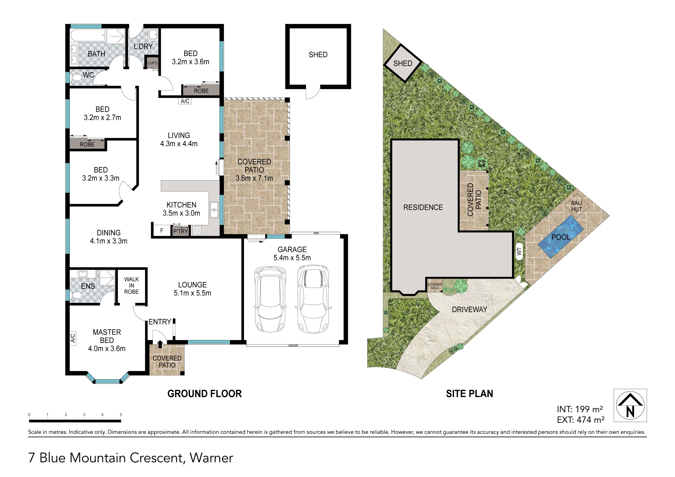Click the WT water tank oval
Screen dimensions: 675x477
519,251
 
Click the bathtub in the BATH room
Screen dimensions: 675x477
88,36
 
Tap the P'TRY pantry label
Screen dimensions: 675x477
180,231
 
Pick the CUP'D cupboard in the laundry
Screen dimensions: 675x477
153,63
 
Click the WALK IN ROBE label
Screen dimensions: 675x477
131,285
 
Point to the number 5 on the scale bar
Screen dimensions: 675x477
121,415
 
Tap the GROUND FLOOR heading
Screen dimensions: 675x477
205,394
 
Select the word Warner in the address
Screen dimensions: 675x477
211,458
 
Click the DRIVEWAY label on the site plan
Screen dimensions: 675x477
469,309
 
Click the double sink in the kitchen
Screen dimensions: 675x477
214,210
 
